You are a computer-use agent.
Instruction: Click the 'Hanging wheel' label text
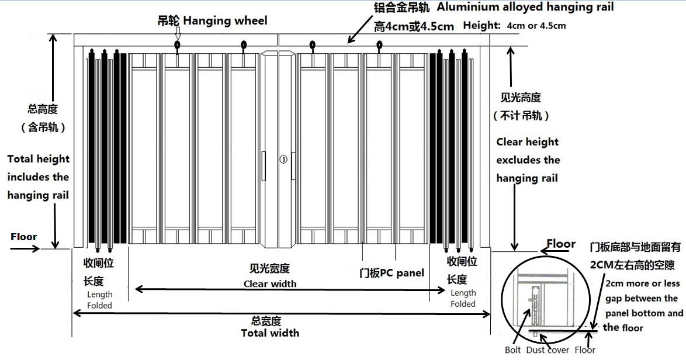(x=226, y=20)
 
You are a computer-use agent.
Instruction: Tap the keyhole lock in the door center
(x=283, y=159)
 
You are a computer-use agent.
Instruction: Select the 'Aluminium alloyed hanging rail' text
(x=525, y=7)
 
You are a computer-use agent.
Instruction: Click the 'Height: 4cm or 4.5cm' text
(x=514, y=25)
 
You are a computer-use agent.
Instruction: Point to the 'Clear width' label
(x=270, y=283)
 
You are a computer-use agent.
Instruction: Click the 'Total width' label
(x=270, y=333)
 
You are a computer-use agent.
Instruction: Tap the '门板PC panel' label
(x=391, y=273)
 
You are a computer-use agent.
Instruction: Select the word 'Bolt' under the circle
(x=513, y=350)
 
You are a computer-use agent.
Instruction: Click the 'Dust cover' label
(x=548, y=350)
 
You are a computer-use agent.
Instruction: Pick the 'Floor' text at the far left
(x=24, y=237)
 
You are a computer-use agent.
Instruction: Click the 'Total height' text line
(x=39, y=159)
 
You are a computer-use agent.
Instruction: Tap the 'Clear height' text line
(x=528, y=142)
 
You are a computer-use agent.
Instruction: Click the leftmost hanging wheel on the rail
(x=177, y=44)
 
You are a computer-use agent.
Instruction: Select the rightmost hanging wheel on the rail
(x=379, y=44)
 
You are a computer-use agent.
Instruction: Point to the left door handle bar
(x=264, y=166)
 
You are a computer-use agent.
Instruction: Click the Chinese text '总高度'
(x=43, y=109)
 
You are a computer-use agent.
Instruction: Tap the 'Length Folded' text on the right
(x=463, y=298)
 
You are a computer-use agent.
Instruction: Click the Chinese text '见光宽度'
(x=270, y=269)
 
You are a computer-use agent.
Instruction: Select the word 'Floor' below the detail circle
(x=585, y=350)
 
